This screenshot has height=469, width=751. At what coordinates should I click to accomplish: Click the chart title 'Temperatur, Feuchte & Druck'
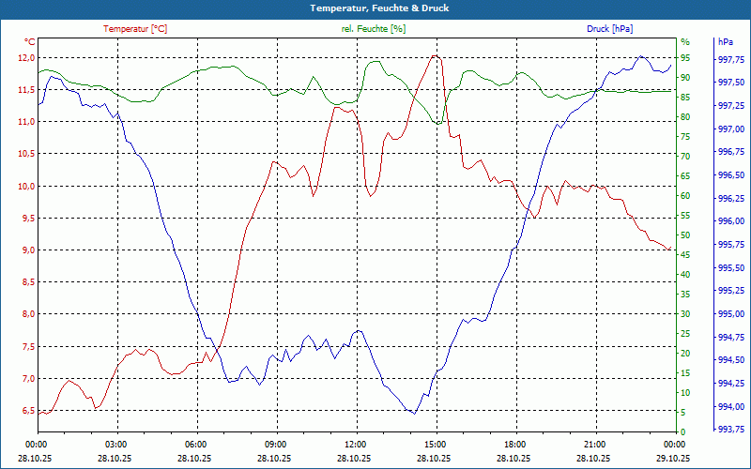375,8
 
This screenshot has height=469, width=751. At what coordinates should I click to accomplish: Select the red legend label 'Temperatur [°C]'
135,29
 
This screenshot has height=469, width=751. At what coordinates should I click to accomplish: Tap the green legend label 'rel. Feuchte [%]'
373,29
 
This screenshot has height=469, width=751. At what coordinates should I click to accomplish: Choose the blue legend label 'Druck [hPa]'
610,29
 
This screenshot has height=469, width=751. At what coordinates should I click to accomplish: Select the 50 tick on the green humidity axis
685,235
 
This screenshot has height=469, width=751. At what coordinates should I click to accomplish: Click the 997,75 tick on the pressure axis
731,59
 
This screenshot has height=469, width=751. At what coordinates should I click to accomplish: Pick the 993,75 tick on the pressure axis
731,430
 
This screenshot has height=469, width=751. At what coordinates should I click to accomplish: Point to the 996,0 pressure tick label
731,221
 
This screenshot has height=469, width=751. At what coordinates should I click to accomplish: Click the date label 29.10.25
674,457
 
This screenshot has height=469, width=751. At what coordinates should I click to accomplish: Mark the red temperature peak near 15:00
435,55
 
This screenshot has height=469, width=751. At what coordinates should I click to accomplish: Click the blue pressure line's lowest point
414,413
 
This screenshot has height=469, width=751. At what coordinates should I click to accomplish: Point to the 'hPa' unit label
726,42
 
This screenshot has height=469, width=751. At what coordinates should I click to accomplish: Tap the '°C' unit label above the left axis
30,42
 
